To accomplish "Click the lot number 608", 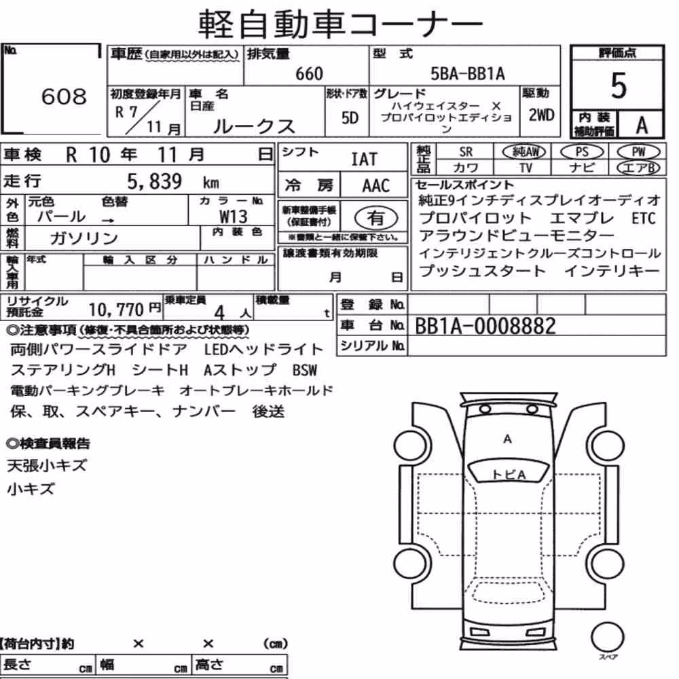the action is (64, 96).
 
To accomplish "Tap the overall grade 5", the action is (619, 86).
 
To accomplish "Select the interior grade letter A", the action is (642, 126).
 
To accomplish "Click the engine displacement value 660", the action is (309, 73).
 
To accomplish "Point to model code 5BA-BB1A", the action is (468, 73).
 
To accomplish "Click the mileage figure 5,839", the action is (155, 181).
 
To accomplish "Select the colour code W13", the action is (234, 216).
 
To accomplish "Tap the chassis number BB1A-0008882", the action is (485, 326).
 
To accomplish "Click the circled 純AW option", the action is (524, 151).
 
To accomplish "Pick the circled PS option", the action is (582, 151).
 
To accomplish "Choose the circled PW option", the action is (638, 151).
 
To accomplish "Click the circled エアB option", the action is (638, 168).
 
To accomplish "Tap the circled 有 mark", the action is (376, 218).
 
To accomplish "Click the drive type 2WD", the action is (541, 115).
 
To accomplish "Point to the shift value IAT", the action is (364, 160).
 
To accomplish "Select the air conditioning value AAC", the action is (376, 186).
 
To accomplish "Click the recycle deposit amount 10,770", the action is (116, 310).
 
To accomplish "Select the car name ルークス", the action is (254, 126).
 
